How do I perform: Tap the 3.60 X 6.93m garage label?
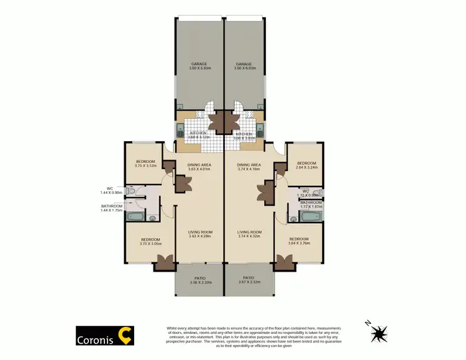[x=199, y=66]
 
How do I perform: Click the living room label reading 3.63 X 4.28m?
[x=199, y=234]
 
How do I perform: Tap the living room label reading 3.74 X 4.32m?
[x=249, y=234]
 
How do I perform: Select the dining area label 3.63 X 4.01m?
[x=199, y=167]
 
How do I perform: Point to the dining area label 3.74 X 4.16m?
[x=249, y=167]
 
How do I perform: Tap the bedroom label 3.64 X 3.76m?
[x=299, y=241]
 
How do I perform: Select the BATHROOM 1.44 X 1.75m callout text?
[x=112, y=208]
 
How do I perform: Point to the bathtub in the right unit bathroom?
[x=309, y=217]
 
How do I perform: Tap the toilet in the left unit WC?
[x=131, y=190]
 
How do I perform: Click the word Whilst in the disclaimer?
[x=174, y=327]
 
